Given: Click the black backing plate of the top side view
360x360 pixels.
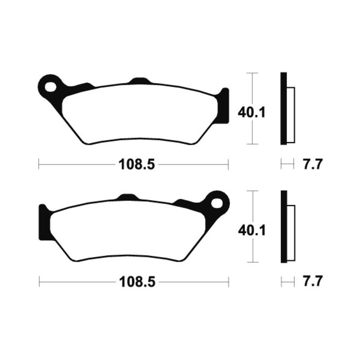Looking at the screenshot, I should point(283,108).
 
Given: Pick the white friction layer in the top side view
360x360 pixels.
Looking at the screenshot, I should point(291,114).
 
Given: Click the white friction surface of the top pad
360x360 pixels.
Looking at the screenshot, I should point(139,115).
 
